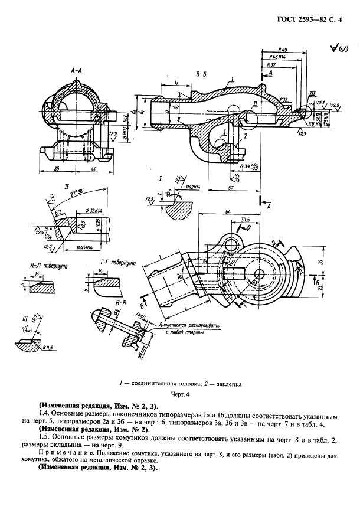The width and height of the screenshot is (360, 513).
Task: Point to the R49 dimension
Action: click(x=283, y=50)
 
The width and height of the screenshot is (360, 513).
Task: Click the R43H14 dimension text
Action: click(x=277, y=57)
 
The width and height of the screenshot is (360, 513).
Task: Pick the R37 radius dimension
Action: click(x=272, y=64)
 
